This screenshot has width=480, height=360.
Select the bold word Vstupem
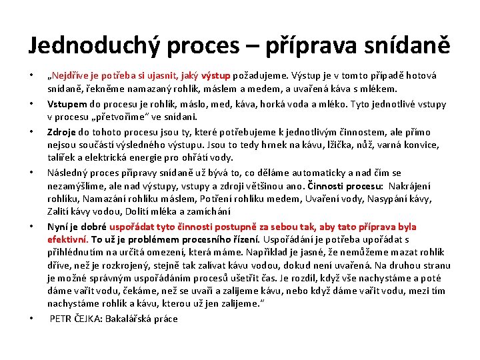pyautogui.click(x=65, y=104)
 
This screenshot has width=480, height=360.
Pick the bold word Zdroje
pyautogui.click(x=61, y=132)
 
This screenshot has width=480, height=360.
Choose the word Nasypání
pyautogui.click(x=393, y=199)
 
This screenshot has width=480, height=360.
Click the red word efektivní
pyautogui.click(x=67, y=239)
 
